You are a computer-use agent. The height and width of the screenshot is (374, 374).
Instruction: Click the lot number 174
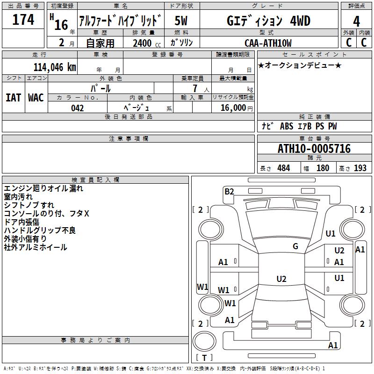click(x=23, y=20)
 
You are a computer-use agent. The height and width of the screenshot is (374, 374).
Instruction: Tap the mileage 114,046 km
click(x=55, y=67)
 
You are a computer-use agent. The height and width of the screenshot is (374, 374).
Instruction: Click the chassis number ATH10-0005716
click(x=314, y=149)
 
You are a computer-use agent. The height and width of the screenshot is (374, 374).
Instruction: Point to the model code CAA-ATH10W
click(x=267, y=43)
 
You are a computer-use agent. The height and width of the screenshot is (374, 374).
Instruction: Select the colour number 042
click(x=77, y=108)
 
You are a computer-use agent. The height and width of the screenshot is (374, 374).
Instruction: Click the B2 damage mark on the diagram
click(x=229, y=191)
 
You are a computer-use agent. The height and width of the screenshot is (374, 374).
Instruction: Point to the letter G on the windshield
click(x=295, y=246)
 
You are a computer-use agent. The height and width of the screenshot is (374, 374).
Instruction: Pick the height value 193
click(x=360, y=168)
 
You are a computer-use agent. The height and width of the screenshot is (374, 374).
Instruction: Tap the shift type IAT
click(x=13, y=98)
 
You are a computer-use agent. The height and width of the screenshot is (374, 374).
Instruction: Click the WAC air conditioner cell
click(x=36, y=98)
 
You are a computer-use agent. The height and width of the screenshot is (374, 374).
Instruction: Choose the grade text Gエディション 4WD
click(x=268, y=21)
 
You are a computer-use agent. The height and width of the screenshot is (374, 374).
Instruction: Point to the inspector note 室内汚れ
click(x=18, y=197)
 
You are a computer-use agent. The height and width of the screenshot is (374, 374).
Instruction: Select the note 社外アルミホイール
click(x=36, y=247)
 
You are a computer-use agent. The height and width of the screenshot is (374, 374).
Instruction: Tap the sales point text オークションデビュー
click(x=300, y=65)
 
